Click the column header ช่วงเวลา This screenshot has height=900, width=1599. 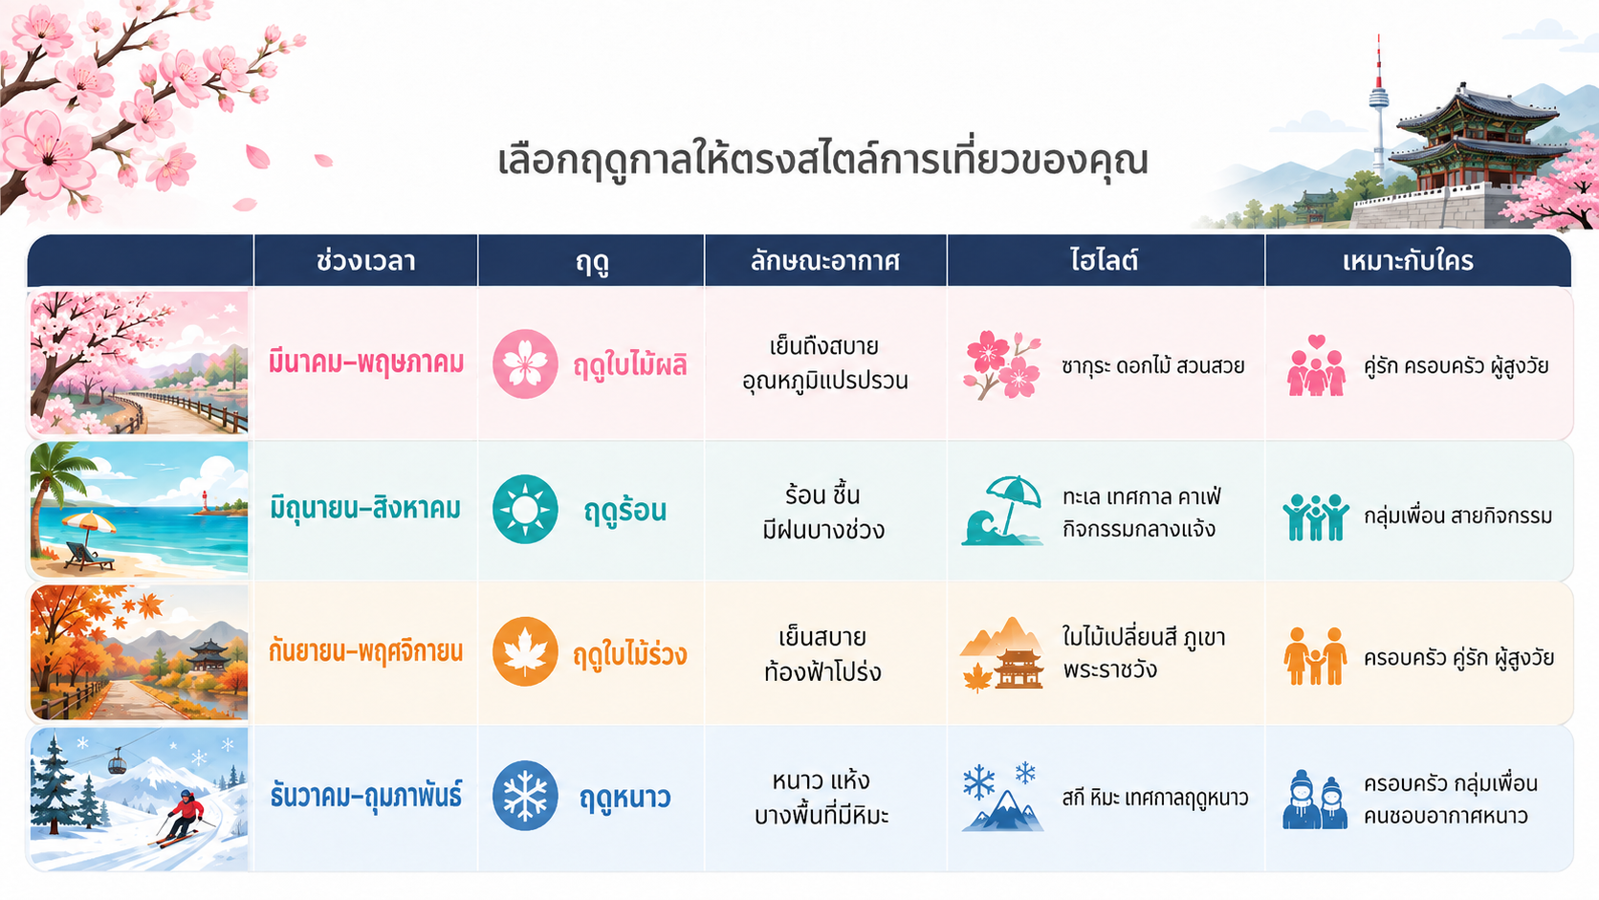pos(365,261)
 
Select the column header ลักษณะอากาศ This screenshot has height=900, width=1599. pos(824,261)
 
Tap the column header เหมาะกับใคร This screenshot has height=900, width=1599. pos(1408,261)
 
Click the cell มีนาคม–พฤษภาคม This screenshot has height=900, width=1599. pos(366,362)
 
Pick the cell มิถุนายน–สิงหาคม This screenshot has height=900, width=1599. pos(365,509)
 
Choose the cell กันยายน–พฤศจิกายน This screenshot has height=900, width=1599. pos(365,651)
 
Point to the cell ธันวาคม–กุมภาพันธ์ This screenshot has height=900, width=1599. pos(366,796)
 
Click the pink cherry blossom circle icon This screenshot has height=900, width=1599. pos(525,363)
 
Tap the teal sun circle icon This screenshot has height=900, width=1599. pos(525,510)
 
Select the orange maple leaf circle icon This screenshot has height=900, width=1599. pos(525,651)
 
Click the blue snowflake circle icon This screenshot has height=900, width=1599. pos(525,795)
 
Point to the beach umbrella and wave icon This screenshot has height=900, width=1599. pos(1001,511)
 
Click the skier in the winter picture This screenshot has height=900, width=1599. pos(182,818)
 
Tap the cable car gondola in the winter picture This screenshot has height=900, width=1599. pos(117,763)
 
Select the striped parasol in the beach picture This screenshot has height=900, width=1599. pos(89,527)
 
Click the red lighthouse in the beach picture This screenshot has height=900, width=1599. pos(204,501)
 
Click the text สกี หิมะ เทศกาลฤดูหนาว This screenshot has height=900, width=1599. pos(1155,798)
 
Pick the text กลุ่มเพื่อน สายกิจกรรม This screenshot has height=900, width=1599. pos(1458,516)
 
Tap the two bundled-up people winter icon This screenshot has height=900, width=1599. pos(1315,800)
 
